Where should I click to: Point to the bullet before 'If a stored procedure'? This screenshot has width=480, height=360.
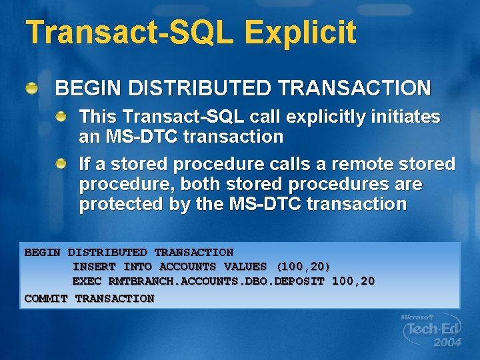[x=61, y=163]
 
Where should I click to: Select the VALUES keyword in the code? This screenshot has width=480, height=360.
[x=245, y=267]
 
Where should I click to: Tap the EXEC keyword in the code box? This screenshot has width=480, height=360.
[x=86, y=281]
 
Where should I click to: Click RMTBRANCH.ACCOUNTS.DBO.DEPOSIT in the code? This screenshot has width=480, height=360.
[x=216, y=281]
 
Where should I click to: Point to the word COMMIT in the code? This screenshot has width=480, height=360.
[x=46, y=298]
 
